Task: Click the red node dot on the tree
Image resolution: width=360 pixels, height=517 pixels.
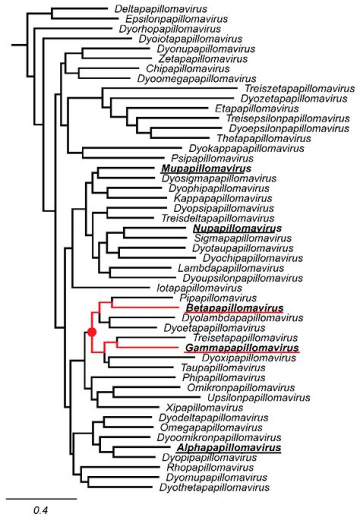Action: (x=92, y=331)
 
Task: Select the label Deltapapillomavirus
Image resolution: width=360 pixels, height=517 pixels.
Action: (x=161, y=9)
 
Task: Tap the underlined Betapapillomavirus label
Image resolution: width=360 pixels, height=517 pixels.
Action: (x=234, y=308)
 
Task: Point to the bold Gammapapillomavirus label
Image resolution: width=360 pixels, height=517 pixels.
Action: (x=242, y=348)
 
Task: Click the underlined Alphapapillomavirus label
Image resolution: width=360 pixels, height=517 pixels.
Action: (x=229, y=448)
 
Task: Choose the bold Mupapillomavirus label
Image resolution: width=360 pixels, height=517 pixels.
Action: (x=206, y=169)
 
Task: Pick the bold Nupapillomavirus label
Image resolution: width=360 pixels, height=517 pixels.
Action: (x=237, y=228)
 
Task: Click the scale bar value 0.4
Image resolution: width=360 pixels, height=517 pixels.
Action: (x=41, y=510)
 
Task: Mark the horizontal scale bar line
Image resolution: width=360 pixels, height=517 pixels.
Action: (x=41, y=498)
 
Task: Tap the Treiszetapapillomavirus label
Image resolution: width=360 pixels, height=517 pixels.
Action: (x=299, y=88)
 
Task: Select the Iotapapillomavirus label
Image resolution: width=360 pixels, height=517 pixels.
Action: (x=199, y=288)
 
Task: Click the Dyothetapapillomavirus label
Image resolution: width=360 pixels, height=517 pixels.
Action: (x=214, y=487)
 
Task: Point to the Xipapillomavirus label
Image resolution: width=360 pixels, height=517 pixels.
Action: (x=204, y=408)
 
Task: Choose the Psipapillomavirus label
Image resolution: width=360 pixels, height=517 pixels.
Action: (x=212, y=158)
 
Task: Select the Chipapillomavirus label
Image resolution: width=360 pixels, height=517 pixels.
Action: (x=188, y=69)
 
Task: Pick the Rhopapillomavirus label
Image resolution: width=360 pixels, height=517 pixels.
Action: (x=210, y=467)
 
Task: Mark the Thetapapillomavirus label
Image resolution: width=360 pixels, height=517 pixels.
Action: (x=263, y=138)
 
